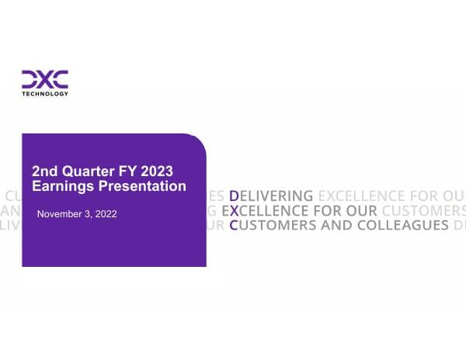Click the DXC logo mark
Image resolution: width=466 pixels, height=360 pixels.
44,79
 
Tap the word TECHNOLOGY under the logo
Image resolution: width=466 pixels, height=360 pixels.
44,94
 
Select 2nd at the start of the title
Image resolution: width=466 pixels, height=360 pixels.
43,171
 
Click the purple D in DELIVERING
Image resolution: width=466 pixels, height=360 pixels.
235,195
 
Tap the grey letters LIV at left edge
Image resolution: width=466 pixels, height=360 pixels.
9,226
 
